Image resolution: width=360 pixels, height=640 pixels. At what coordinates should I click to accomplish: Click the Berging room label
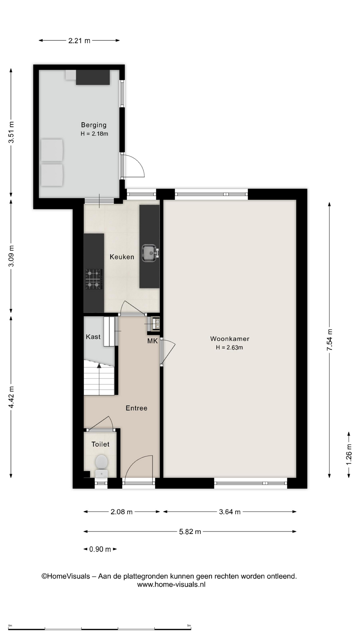point(94,125)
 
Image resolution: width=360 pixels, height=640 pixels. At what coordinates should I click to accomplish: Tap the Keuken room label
point(122,257)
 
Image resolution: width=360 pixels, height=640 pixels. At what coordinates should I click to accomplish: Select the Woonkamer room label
point(230,339)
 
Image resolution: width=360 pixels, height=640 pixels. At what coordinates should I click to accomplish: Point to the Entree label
point(136,408)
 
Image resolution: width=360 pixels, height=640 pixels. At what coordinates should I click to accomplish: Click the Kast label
point(93,337)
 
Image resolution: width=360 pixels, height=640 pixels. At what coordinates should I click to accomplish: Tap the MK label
point(152,341)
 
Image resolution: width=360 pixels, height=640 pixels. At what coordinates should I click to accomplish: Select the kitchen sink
point(150,253)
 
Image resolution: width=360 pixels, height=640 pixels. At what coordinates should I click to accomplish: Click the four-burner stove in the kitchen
point(93,279)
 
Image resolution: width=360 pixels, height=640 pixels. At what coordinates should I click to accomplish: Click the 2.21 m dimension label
point(79,41)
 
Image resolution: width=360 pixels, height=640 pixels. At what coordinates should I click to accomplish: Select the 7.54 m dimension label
point(330,339)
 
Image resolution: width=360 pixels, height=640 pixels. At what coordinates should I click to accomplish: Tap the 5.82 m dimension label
point(190,532)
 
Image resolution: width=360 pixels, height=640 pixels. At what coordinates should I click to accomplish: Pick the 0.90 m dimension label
point(100,549)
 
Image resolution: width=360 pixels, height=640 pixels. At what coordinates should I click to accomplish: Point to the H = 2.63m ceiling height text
point(229,347)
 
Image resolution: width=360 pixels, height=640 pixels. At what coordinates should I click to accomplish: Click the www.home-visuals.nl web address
point(171,584)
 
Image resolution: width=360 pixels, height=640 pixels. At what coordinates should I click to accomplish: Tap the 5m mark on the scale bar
point(189,625)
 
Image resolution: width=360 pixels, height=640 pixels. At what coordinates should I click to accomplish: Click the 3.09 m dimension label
point(11,256)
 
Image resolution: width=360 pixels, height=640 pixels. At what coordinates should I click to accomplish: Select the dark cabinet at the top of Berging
point(93,77)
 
